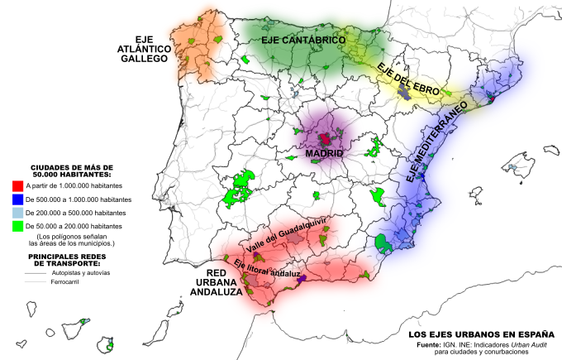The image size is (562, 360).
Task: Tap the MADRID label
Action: [x=324, y=153]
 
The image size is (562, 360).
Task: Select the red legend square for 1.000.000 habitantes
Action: [x=18, y=188]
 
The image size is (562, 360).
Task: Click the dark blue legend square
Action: [x=18, y=200]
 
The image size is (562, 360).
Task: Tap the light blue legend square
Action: [x=18, y=213]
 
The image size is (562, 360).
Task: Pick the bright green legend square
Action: [x=18, y=225]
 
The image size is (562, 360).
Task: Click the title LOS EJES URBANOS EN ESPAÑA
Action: [x=480, y=335]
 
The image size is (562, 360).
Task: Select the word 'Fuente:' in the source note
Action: [x=433, y=344]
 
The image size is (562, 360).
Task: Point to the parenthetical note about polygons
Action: [x=70, y=240]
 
